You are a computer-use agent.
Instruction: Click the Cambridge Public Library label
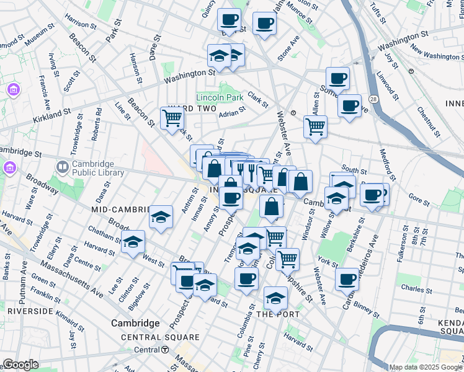98,168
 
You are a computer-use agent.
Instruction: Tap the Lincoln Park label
219,97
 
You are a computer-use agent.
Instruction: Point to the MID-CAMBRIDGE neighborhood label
122,210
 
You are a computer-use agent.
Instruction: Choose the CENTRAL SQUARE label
161,337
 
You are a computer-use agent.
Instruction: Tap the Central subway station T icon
165,350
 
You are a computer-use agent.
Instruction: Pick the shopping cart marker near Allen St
315,127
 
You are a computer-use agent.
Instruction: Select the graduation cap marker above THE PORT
275,298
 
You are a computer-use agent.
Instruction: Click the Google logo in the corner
20,365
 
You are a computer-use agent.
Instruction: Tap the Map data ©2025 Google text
425,367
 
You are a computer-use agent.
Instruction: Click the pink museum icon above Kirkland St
12,91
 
